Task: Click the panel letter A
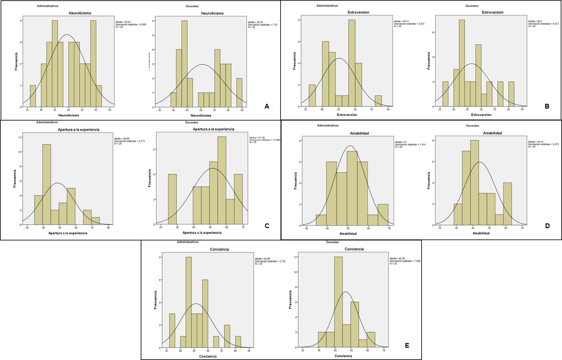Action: (267, 106)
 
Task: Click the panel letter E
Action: (407, 345)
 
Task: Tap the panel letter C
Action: (267, 226)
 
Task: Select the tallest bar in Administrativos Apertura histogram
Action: (46, 185)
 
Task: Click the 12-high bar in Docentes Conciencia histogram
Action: (338, 302)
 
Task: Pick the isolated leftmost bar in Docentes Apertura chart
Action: (172, 199)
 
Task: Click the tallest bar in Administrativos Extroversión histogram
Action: (352, 63)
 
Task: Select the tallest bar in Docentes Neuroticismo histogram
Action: (184, 64)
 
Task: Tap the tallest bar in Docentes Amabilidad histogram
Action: (474, 183)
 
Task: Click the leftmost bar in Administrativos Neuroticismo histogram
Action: (33, 96)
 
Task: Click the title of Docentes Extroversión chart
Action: (492, 12)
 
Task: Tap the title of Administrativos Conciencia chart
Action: (219, 249)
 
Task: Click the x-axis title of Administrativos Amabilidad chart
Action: (348, 233)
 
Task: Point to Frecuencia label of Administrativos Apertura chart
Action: (15, 179)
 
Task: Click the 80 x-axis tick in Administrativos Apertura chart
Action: (108, 227)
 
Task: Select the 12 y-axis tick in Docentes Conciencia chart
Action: (295, 257)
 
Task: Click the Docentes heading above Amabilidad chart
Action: (472, 126)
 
